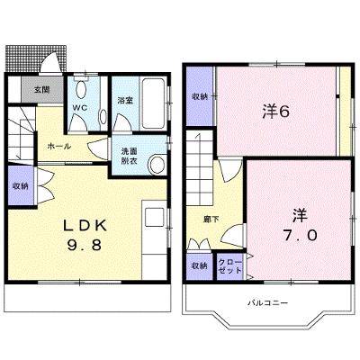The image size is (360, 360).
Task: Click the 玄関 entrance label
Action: (42, 89)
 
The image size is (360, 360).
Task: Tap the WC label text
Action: (80, 107)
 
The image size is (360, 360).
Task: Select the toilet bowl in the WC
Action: (81, 89)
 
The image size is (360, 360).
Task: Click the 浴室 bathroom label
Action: (125, 100)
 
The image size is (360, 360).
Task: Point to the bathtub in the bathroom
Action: (153, 103)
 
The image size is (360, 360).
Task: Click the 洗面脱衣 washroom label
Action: (130, 156)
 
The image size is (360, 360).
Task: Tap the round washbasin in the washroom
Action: (157, 165)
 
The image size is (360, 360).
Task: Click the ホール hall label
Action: (59, 147)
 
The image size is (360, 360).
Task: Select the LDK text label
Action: (85, 226)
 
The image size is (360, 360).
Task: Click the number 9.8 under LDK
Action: (85, 246)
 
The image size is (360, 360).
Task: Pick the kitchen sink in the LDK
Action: (155, 217)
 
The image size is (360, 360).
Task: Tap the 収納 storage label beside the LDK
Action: (21, 186)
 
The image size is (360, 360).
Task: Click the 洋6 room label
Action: (276, 112)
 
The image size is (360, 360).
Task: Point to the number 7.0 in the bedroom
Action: (300, 235)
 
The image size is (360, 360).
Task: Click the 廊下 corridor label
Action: (211, 220)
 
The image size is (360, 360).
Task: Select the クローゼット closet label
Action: (229, 265)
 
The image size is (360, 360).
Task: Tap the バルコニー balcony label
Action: (268, 303)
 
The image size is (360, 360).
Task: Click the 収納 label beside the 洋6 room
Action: (200, 96)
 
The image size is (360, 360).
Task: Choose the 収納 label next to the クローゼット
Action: (200, 265)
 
